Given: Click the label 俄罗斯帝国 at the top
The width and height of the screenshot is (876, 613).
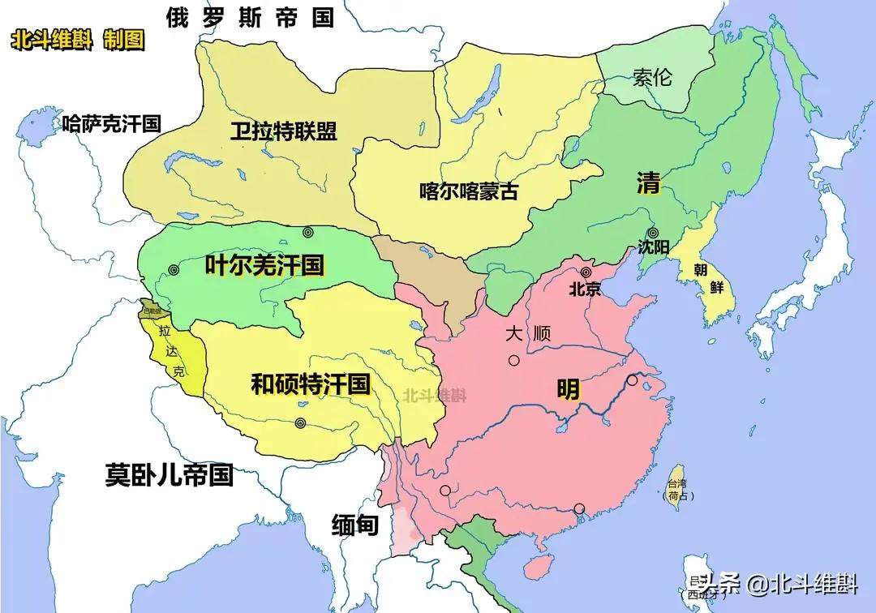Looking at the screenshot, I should point(250,18).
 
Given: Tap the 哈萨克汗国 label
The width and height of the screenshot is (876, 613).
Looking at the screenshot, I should point(112,124).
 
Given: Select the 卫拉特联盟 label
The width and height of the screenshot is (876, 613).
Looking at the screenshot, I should point(283,131).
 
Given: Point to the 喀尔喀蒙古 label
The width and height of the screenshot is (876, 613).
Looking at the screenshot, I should point(469,191).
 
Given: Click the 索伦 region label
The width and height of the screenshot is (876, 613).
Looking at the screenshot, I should point(652,78).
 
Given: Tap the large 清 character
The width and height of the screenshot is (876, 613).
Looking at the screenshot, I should point(648,184).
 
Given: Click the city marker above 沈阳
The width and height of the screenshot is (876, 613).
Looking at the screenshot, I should point(653,233).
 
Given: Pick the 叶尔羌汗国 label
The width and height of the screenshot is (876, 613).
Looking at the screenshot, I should point(264,264).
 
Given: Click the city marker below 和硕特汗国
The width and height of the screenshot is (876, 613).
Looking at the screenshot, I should point(301,422).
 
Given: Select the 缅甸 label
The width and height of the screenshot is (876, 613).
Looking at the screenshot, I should point(354,525).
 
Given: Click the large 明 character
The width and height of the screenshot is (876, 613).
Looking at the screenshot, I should point(568,390).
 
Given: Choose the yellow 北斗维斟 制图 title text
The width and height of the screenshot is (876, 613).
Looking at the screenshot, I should point(78,41).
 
